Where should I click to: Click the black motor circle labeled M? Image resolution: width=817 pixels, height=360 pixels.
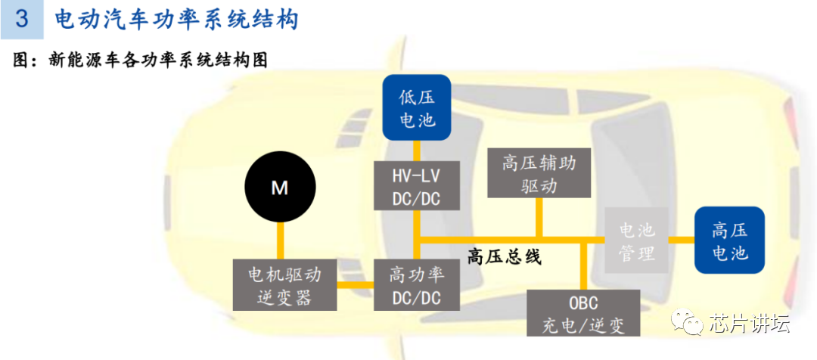click(x=280, y=188)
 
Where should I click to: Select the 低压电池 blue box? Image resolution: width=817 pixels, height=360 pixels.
click(x=417, y=107)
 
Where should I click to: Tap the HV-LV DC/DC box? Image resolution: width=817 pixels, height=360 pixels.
click(x=416, y=187)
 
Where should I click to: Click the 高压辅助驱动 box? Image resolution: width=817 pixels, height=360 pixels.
click(x=538, y=173)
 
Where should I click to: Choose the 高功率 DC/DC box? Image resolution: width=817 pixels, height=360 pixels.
click(x=416, y=284)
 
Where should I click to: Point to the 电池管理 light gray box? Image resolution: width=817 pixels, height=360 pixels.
click(x=636, y=241)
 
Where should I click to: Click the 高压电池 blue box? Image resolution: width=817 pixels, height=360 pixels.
click(x=729, y=240)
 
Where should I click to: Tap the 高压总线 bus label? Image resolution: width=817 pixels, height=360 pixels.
click(x=505, y=256)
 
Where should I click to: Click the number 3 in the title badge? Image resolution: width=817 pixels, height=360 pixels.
click(x=22, y=19)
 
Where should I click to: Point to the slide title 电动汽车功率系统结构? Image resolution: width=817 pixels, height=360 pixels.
click(x=176, y=19)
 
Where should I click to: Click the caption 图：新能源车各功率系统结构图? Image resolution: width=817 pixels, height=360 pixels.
click(x=141, y=61)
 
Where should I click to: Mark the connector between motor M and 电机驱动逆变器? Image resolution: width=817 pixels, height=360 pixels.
click(x=280, y=241)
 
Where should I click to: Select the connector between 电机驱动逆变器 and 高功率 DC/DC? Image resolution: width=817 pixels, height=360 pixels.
click(x=356, y=285)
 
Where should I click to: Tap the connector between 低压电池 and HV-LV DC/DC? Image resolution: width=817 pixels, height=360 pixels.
click(x=416, y=151)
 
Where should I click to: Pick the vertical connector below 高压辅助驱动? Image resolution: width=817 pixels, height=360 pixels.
click(x=538, y=219)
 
